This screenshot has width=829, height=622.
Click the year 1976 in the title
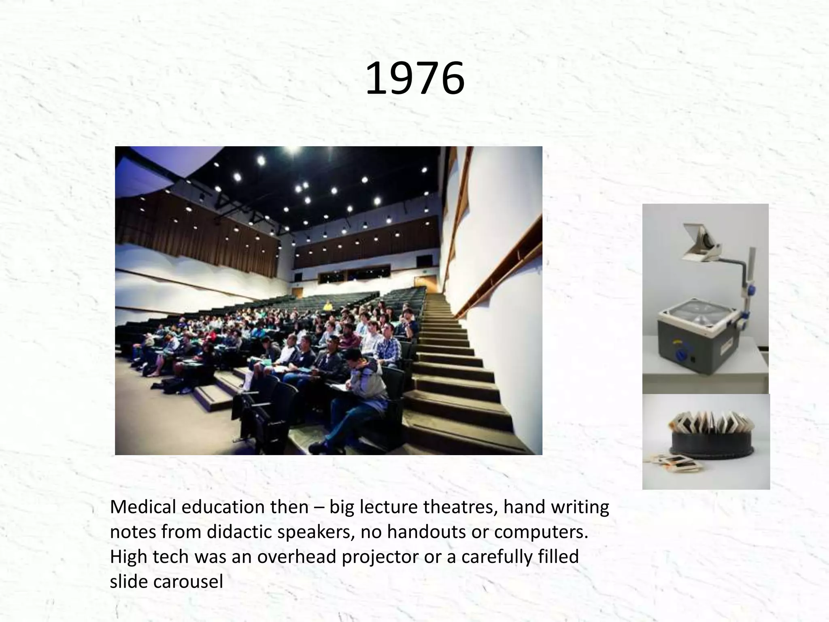[x=414, y=79]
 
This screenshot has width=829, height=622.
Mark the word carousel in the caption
[x=188, y=582]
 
